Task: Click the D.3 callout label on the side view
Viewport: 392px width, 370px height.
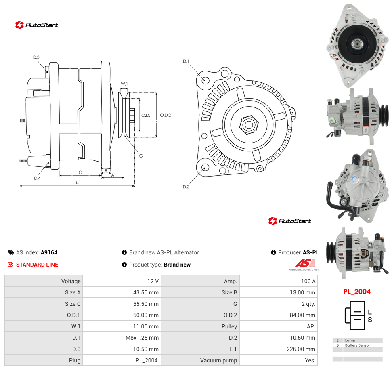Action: coord(36,57)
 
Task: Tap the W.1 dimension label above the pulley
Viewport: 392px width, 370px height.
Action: coord(124,84)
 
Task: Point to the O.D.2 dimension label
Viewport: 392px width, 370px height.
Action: coord(166,115)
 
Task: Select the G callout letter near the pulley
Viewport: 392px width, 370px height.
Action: coord(141,156)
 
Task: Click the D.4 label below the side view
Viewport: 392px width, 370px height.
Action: coord(37,178)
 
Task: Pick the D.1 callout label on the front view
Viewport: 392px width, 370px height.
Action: coord(186,61)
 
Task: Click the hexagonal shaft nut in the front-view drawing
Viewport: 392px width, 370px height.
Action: coord(249,124)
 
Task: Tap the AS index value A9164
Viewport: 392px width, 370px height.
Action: coord(49,252)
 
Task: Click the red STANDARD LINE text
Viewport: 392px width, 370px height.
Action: coord(37,265)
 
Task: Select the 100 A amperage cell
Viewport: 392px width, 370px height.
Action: coord(308,281)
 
